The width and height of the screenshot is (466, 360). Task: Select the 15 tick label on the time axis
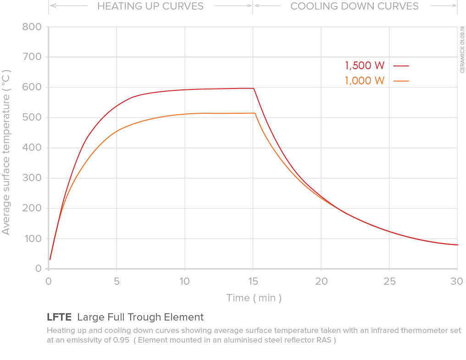(253, 281)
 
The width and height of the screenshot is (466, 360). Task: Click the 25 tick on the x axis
(389, 281)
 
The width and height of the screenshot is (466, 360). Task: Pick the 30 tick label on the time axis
(457, 281)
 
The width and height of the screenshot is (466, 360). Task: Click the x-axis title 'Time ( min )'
(254, 298)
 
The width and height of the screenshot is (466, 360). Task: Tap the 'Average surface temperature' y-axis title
(6, 152)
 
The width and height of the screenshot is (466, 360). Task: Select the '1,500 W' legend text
(365, 65)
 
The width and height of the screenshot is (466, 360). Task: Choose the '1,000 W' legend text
(365, 81)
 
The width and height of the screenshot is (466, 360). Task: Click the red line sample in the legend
(401, 66)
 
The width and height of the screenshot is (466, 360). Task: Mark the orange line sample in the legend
(401, 81)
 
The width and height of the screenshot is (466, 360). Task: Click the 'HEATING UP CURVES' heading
(150, 6)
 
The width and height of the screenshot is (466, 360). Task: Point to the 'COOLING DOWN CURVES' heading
(355, 6)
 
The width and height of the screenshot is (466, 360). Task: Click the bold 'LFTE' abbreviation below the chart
(60, 317)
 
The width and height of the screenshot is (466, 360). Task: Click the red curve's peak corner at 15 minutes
(254, 89)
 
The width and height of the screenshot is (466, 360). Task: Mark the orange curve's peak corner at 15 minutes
(255, 113)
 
